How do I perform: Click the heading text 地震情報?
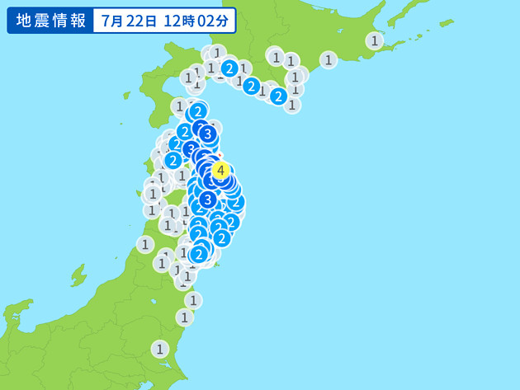pos(49,21)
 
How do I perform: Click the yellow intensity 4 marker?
pos(220,171)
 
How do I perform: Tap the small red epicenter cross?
pos(220,154)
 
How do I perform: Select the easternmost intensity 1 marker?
pos(375,40)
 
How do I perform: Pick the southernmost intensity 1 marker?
pos(159,349)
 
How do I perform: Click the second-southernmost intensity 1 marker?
pos(185,317)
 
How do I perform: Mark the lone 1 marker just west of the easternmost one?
pos(329,59)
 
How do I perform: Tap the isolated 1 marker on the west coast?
pos(145,244)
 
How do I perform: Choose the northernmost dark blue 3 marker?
pos(208,133)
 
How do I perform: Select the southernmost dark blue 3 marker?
pos(208,199)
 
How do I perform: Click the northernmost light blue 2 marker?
pos(229,68)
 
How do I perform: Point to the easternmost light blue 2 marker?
pos(278,96)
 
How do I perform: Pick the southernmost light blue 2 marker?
pos(198,254)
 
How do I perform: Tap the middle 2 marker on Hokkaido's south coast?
pos(252,85)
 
